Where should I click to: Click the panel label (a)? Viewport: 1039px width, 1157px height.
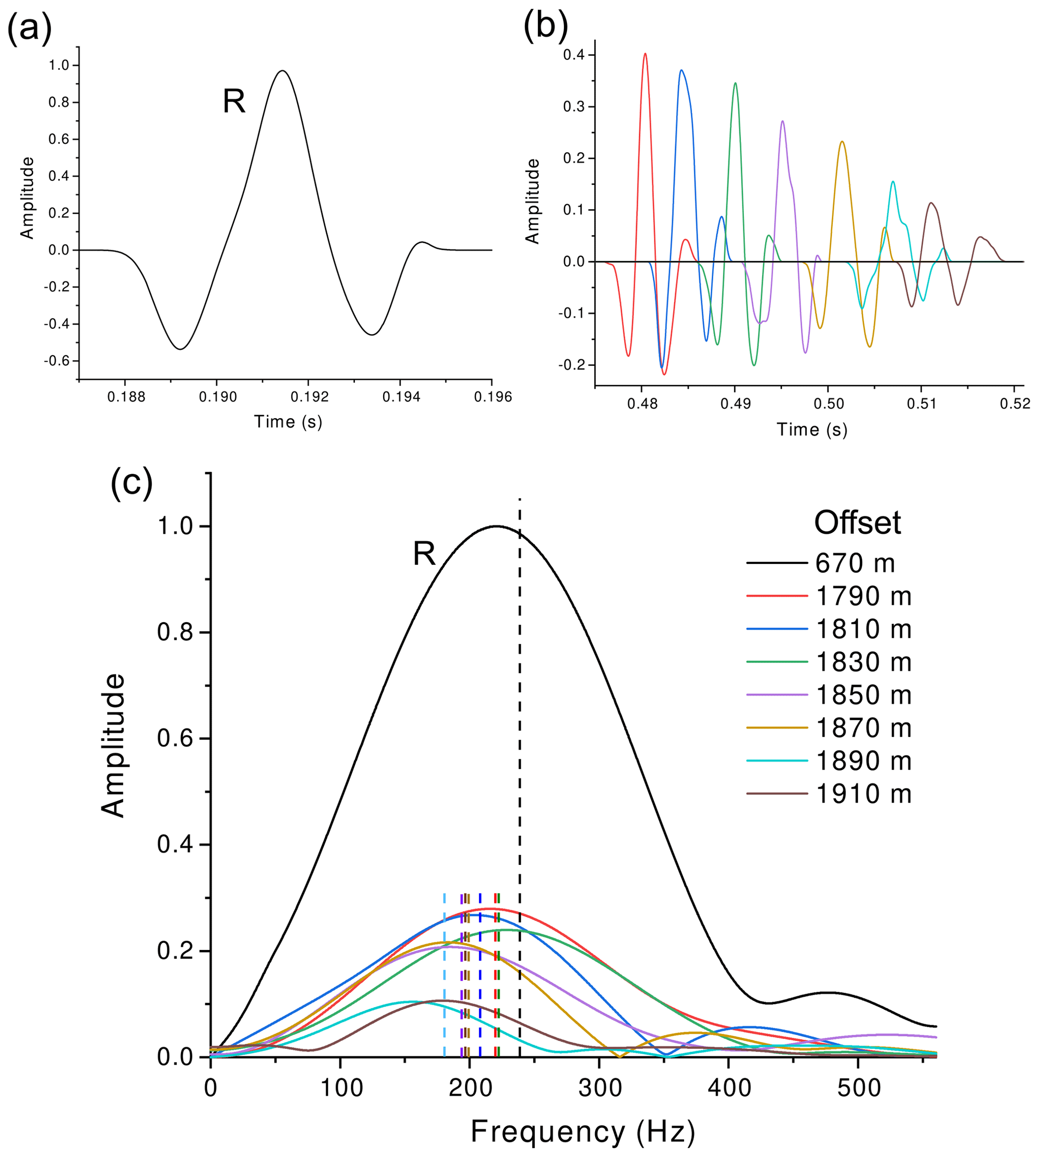pos(29,29)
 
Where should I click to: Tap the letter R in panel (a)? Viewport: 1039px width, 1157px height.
pos(234,102)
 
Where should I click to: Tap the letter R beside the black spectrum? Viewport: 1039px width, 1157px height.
pos(424,554)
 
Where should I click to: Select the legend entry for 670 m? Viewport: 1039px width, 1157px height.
pos(855,563)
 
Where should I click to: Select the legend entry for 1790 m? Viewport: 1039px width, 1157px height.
pos(863,596)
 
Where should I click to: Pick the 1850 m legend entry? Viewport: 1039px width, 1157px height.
pos(863,695)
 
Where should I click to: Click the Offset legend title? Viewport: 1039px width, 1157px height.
pos(857,522)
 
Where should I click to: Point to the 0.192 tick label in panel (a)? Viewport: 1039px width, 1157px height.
pos(309,397)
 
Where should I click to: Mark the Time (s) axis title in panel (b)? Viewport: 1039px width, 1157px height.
pos(812,430)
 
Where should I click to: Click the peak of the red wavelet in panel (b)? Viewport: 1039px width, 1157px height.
pos(645,54)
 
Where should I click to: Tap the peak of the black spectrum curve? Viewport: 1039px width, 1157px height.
pos(496,526)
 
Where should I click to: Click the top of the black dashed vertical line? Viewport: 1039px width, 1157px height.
pos(520,500)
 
